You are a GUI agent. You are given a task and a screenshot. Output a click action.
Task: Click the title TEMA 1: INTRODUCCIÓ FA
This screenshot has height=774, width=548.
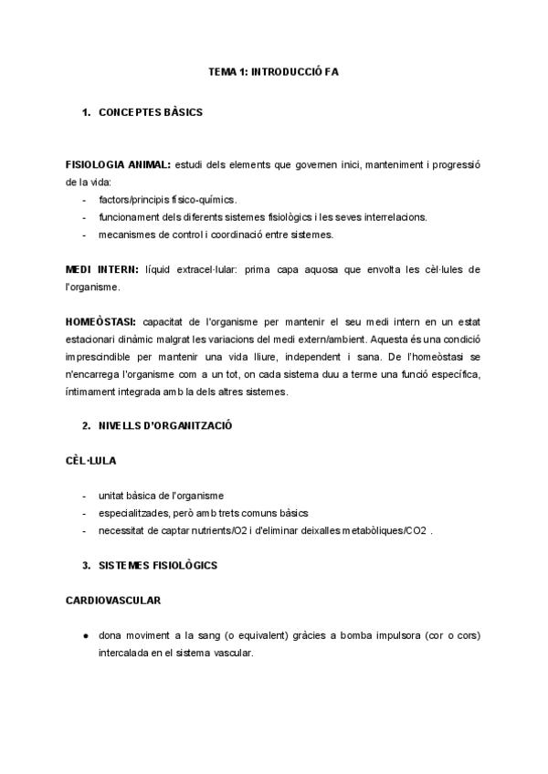coord(274,70)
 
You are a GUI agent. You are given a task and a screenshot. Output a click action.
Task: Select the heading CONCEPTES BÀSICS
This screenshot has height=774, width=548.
coord(150,113)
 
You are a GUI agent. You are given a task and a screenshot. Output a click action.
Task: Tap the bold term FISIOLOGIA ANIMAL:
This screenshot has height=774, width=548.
coord(118,165)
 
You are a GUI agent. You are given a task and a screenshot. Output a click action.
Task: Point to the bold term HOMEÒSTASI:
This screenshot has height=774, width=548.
coord(101,322)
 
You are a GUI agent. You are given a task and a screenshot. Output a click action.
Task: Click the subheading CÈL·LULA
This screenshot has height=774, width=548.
coord(91,460)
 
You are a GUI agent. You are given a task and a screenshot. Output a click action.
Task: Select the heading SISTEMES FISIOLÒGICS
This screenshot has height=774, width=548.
coord(157,565)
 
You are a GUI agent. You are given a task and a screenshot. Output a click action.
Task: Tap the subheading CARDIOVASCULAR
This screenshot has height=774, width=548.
coord(114,601)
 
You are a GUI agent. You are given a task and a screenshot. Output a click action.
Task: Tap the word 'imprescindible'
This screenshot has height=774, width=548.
coord(105,357)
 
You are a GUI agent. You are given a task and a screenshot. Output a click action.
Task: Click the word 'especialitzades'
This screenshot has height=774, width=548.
coord(134,513)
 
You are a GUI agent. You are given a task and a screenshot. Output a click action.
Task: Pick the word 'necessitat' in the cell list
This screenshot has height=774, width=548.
coord(121,530)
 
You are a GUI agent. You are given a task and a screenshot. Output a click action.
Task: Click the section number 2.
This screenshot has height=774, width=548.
coord(85,425)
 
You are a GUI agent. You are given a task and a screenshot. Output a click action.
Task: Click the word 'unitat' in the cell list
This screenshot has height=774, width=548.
coord(111,496)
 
